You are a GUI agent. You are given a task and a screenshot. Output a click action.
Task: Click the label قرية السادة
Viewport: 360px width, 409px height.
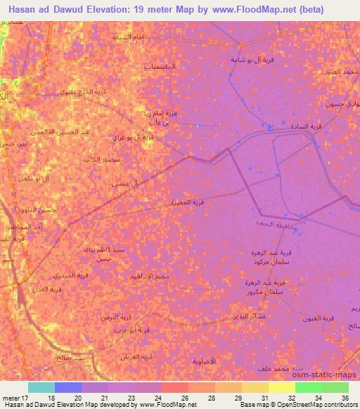306,126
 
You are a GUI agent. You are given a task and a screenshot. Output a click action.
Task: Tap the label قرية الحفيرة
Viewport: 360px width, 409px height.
188,202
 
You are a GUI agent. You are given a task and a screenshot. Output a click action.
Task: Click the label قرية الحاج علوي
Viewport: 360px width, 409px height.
75,91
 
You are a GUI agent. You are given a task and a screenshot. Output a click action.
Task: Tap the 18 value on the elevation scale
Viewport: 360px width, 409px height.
51,398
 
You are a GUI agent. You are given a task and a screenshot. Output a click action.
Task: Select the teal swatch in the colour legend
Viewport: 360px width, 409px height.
41,387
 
